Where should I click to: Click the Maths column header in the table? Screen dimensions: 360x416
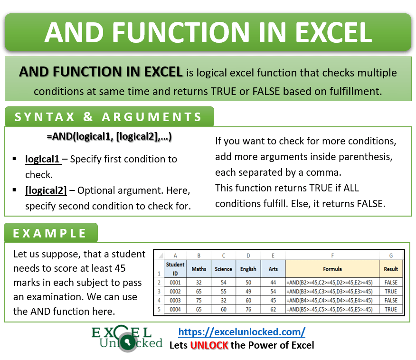tap(199, 269)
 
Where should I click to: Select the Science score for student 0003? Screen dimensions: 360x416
tap(223, 300)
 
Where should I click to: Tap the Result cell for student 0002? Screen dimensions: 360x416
tap(391, 291)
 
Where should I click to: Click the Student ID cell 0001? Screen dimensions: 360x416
tap(175, 282)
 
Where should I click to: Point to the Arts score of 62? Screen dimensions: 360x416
tap(273, 309)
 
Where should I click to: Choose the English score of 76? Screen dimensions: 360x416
tap(248, 309)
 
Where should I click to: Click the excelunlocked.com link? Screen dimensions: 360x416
tap(242, 332)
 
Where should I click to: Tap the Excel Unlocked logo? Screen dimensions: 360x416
tap(127, 338)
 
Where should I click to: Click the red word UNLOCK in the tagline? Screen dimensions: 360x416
tap(209, 345)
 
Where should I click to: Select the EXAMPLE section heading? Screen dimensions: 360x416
tap(50, 233)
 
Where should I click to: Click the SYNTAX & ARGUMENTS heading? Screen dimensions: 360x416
tap(109, 117)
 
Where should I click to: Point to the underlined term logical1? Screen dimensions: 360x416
tap(43, 159)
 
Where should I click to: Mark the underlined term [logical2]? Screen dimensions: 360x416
tap(46, 190)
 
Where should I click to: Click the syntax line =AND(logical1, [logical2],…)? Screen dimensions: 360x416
tap(109, 137)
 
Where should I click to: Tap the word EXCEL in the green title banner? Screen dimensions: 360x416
tap(332, 32)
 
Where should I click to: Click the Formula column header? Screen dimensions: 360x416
tap(332, 269)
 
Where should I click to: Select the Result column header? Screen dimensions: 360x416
tap(391, 269)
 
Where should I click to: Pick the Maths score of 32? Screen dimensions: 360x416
tap(199, 282)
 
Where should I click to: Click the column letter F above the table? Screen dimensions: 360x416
tap(332, 256)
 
